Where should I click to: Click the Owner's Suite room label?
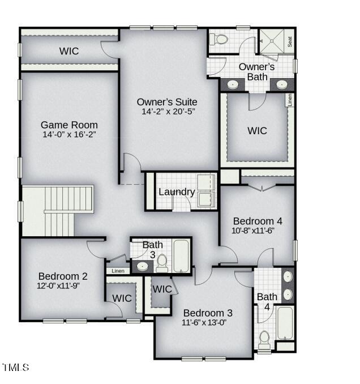tap(167, 102)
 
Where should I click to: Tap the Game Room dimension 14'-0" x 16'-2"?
tap(69, 134)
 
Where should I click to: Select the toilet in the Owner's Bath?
tap(218, 39)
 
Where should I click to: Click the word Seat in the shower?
tap(290, 42)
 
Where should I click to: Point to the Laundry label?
tap(177, 192)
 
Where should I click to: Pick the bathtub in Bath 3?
tap(181, 256)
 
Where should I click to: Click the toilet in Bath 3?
tap(162, 263)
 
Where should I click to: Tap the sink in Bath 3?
tap(142, 266)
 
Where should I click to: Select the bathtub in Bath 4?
tap(285, 323)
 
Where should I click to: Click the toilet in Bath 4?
tap(264, 340)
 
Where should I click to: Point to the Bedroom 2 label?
tap(63, 276)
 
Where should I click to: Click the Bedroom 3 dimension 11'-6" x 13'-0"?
tap(204, 322)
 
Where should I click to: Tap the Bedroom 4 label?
tap(258, 221)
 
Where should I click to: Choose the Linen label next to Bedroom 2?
tap(118, 271)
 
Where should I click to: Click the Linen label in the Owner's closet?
tap(290, 100)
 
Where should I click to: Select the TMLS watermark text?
tap(16, 368)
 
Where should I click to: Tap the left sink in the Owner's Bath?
tap(233, 85)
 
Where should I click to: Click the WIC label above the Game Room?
tap(69, 51)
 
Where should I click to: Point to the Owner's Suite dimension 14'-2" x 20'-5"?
tap(168, 112)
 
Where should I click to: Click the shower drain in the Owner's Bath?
tap(272, 41)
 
